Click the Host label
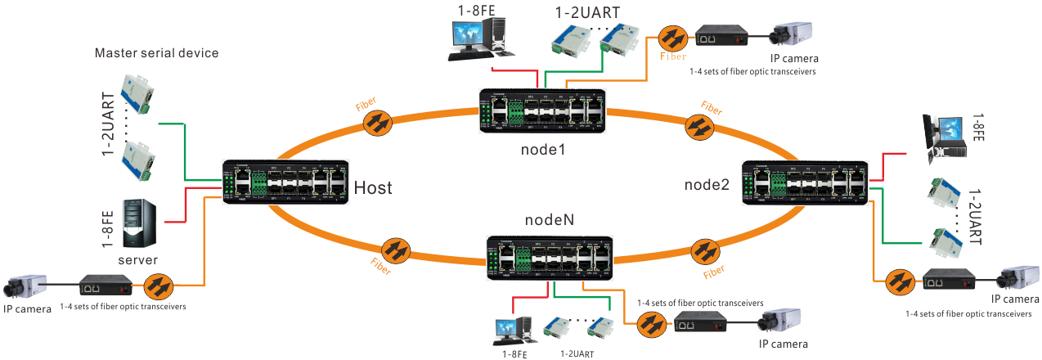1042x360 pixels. [373, 188]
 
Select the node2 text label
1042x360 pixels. [707, 186]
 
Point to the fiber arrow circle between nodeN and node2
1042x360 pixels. [705, 250]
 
